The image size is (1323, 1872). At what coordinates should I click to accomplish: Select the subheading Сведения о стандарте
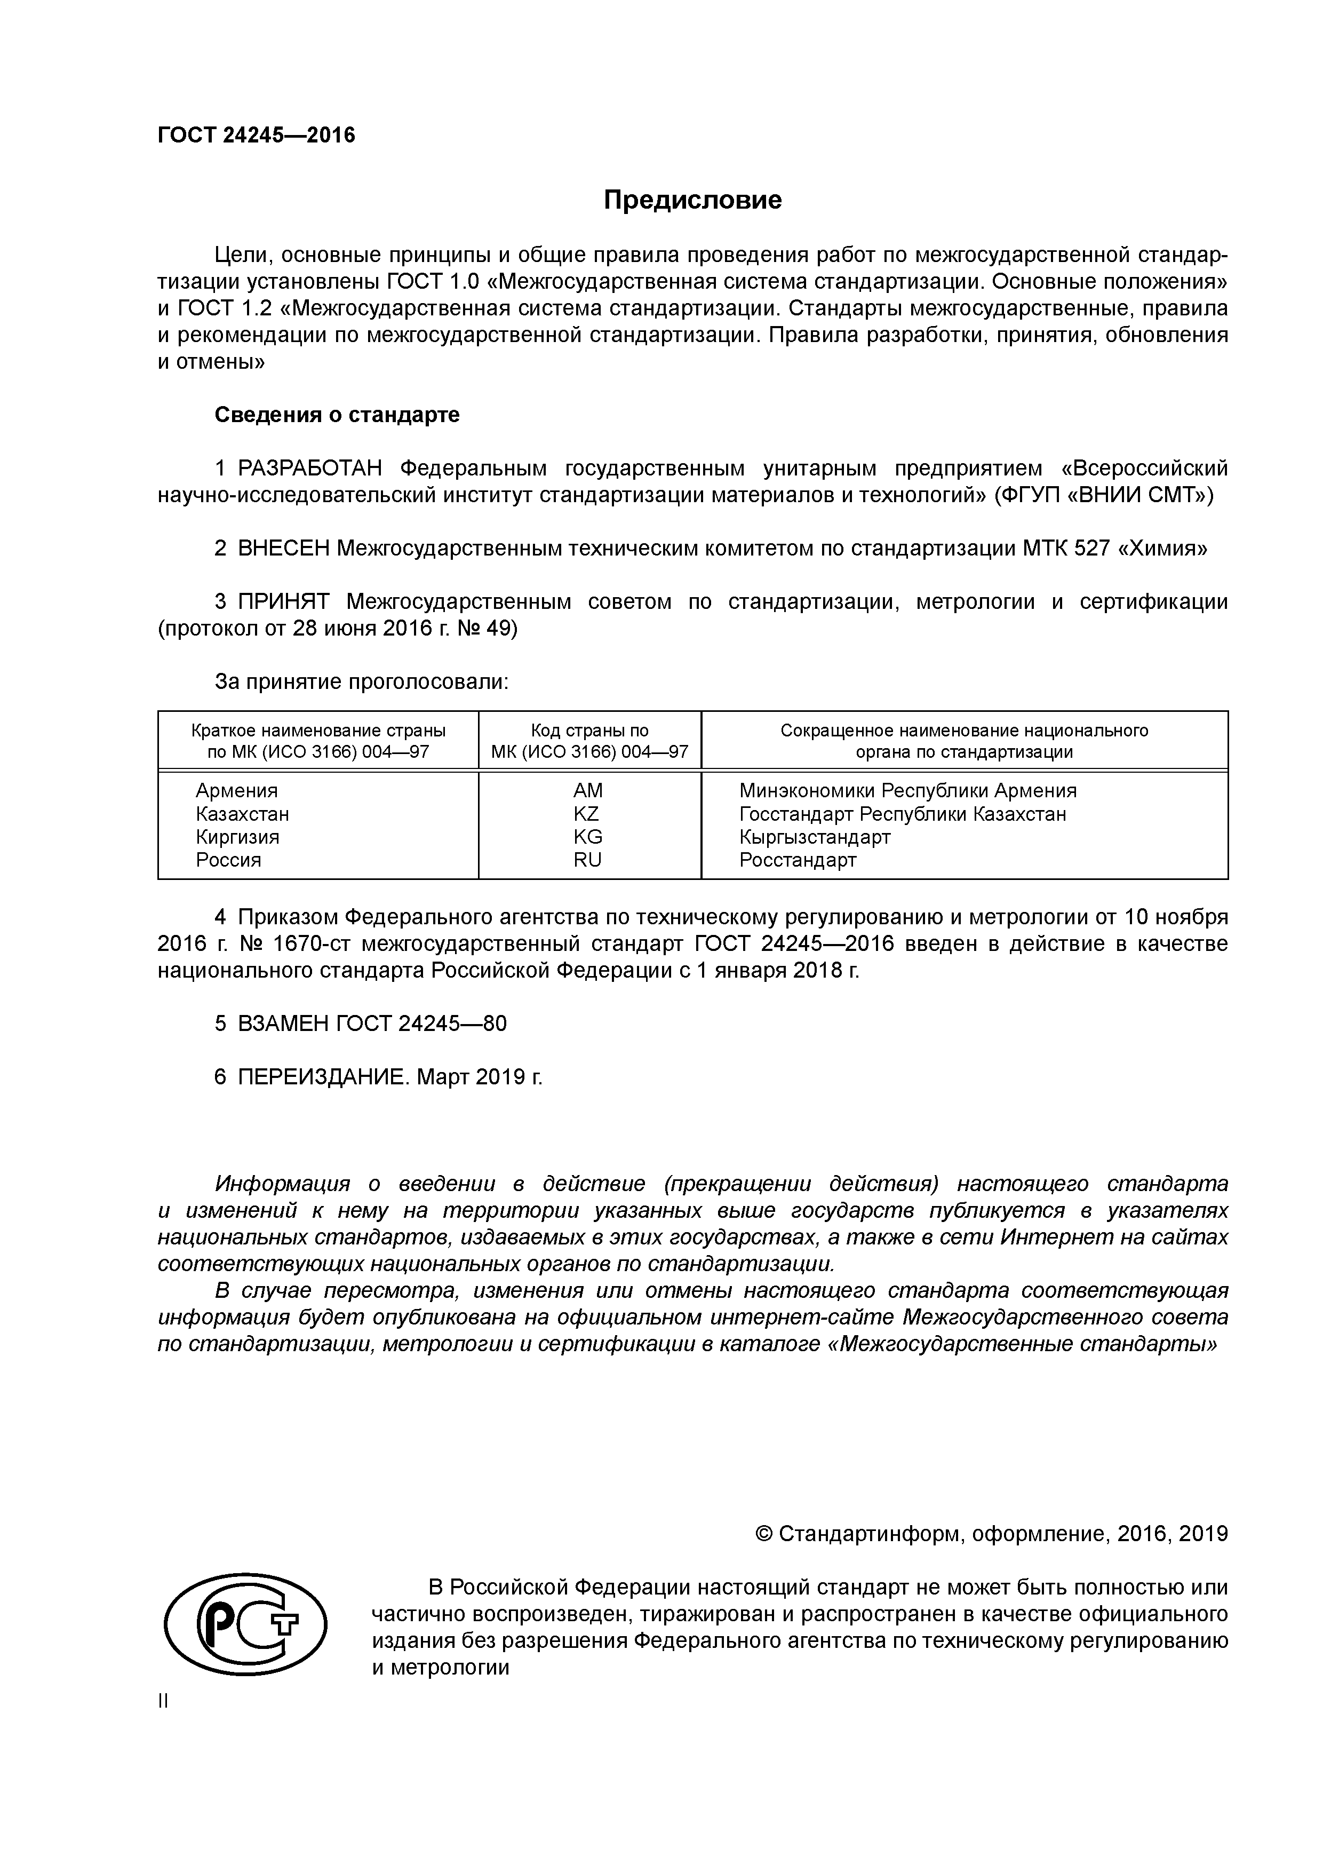point(337,415)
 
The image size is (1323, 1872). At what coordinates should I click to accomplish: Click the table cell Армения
point(236,790)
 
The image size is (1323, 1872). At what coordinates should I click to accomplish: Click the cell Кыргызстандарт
point(815,837)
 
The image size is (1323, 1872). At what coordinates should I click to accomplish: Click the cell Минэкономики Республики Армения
point(907,790)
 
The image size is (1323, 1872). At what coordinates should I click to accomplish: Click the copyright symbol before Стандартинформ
point(764,1534)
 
